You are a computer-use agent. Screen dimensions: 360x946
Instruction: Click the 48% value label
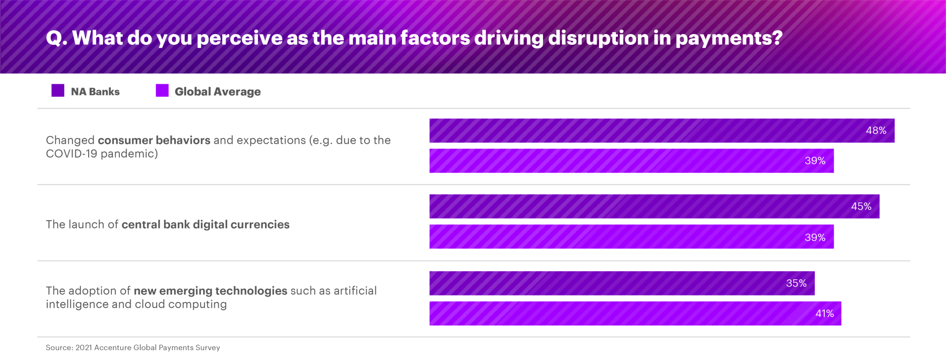(876, 131)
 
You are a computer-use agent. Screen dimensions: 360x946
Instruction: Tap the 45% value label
(861, 206)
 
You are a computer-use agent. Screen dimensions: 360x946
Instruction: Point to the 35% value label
(796, 283)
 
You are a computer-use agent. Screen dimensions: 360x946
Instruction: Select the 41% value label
(824, 314)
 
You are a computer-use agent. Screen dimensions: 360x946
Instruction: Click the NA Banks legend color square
(58, 91)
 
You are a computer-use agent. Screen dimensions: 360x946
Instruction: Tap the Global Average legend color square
(162, 91)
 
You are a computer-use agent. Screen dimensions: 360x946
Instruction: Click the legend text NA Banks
(95, 92)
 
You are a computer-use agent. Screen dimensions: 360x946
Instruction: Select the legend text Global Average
(217, 92)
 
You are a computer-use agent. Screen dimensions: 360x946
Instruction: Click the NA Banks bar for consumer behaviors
(641, 131)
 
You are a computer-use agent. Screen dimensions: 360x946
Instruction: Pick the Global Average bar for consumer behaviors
(616, 161)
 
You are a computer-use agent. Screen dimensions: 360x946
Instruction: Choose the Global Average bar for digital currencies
(616, 237)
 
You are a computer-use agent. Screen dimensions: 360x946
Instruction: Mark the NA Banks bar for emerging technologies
(606, 283)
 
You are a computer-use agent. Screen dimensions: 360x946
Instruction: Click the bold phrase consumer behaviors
(154, 140)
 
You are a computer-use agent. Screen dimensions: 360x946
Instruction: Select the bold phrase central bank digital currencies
(205, 225)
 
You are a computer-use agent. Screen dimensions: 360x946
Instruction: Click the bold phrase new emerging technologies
(210, 291)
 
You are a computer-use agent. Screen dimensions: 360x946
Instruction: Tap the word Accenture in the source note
(112, 348)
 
